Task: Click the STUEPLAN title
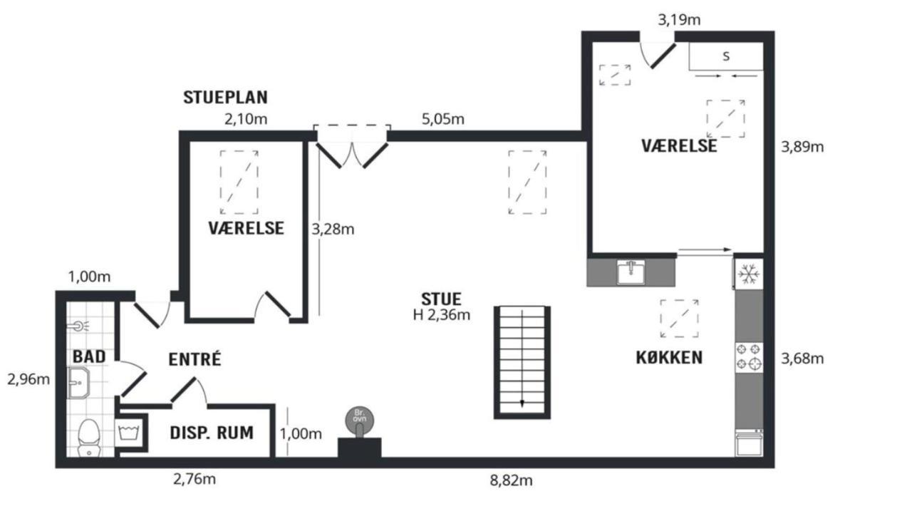225,98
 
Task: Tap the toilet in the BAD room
89,438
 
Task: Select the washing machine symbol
130,433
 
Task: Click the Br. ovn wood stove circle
360,420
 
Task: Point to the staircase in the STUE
522,362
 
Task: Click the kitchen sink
631,272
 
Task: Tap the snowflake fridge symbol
749,274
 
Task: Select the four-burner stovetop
749,356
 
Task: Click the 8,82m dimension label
511,480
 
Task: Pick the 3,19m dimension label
679,19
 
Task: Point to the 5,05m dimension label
443,119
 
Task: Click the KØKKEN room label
669,358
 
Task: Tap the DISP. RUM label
212,433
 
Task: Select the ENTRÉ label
195,359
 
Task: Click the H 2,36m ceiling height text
441,315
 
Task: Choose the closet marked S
726,56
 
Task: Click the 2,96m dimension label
28,379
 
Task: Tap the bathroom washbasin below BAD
78,383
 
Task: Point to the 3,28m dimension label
333,230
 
